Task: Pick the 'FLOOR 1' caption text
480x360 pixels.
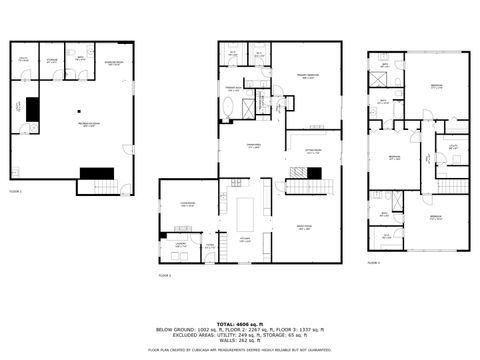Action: [x=15, y=190]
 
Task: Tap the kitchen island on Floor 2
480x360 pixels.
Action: [x=246, y=213]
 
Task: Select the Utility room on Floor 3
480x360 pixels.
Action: [x=452, y=146]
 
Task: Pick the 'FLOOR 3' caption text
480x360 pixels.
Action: [x=373, y=262]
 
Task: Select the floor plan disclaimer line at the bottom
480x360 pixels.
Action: [x=240, y=350]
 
